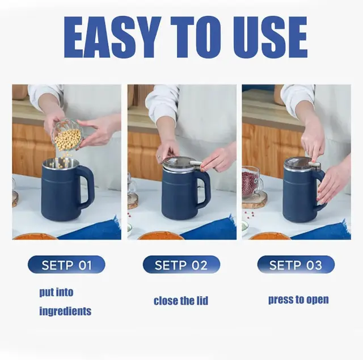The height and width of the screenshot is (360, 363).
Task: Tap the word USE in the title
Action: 271,37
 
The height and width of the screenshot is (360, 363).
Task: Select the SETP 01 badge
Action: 66,265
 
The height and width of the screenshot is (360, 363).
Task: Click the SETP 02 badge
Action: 181,265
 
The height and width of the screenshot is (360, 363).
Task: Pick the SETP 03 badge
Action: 296,265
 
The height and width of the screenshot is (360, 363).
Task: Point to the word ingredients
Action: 65,311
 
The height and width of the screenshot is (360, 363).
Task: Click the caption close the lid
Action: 181,300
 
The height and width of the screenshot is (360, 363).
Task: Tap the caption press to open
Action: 298,300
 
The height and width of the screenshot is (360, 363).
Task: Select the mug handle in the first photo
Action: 87,186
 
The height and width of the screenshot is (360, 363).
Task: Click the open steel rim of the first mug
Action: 61,163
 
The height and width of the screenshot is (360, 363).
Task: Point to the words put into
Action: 56,292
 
